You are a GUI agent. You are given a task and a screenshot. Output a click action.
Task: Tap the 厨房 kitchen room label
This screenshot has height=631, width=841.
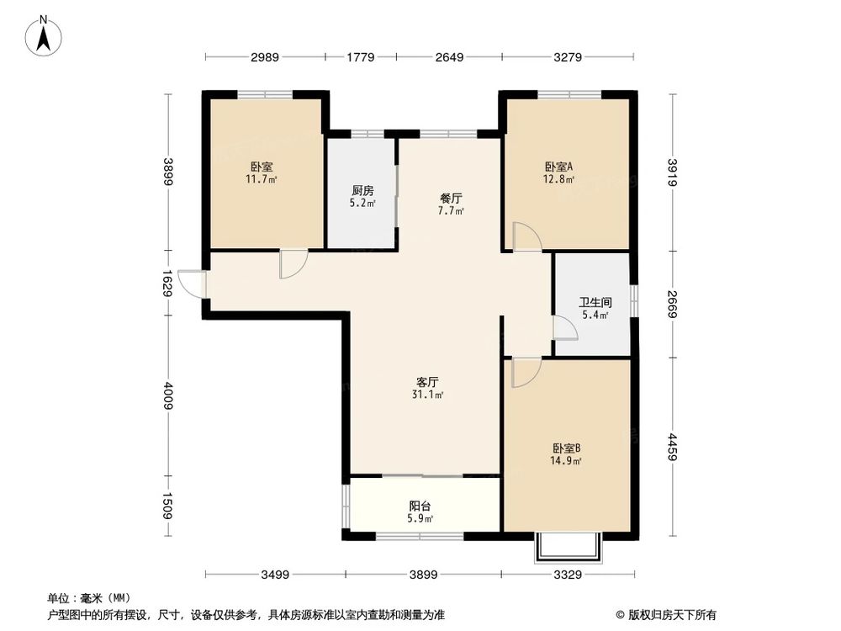(362, 190)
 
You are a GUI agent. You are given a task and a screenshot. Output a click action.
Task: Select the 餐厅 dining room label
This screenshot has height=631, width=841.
(451, 199)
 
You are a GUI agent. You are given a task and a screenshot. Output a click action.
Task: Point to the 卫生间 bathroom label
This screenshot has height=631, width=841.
(595, 302)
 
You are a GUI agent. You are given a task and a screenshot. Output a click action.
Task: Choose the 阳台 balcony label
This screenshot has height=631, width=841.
(420, 506)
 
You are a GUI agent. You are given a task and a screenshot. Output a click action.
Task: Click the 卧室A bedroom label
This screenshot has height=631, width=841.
(559, 167)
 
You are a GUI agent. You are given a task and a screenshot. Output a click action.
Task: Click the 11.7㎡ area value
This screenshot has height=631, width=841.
(262, 179)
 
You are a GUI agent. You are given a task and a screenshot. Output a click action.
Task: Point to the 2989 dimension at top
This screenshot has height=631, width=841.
(265, 57)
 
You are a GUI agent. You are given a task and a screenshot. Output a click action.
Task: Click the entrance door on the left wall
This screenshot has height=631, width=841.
(193, 284)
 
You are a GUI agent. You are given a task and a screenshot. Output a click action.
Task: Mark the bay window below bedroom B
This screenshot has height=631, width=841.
(569, 547)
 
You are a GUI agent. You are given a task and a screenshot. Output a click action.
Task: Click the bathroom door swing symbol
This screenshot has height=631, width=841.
(564, 327)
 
